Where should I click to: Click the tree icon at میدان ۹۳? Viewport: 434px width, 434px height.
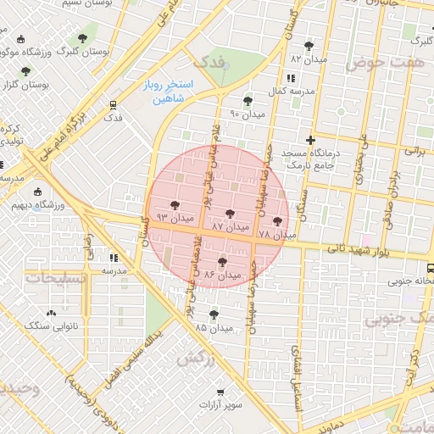[174, 205]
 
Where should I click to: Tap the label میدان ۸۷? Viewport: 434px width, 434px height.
[231, 227]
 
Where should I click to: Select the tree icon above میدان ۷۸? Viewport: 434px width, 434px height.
[277, 220]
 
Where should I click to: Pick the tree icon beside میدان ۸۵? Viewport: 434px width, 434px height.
[201, 314]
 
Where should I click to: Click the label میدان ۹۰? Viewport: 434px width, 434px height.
[248, 114]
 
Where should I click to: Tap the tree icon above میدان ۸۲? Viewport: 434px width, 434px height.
[308, 47]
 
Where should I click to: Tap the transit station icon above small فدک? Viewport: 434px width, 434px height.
[112, 105]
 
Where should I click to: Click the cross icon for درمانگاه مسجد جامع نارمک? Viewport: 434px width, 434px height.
[311, 140]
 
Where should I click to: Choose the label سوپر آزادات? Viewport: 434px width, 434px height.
[221, 404]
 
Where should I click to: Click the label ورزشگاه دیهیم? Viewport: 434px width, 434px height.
[33, 204]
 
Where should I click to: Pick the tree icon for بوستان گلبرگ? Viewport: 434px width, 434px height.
[82, 38]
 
